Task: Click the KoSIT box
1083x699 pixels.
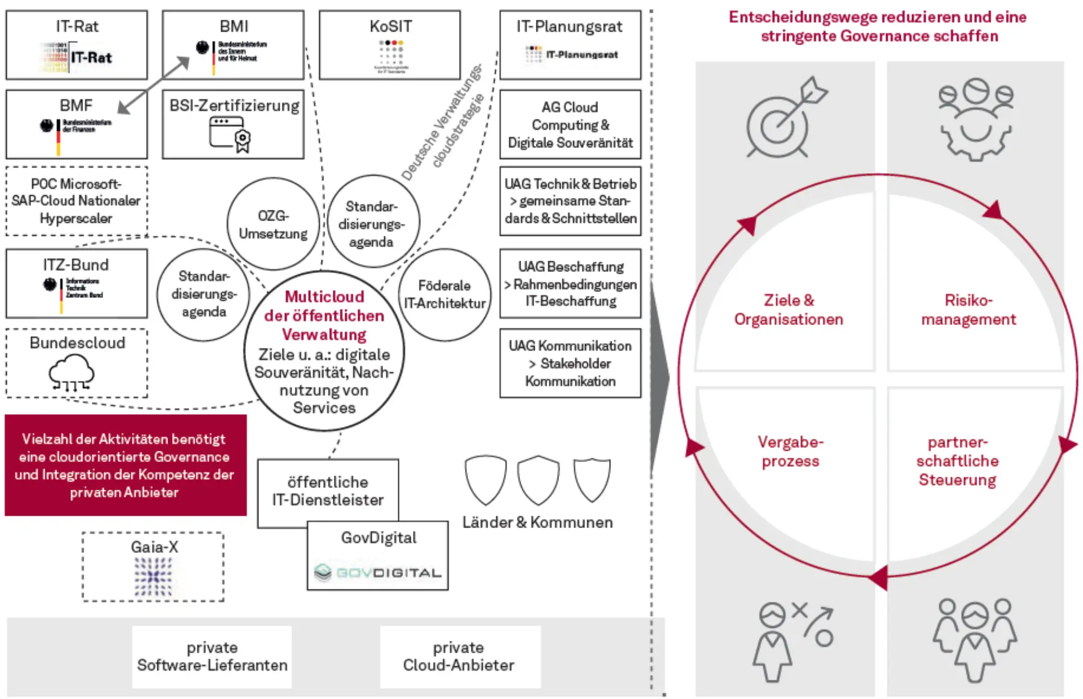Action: click(x=390, y=45)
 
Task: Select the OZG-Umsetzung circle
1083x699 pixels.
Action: click(x=273, y=225)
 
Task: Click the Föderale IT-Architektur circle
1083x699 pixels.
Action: click(x=444, y=294)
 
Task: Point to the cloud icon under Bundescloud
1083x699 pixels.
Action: click(x=72, y=372)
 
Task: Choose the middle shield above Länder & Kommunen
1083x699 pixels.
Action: click(x=538, y=480)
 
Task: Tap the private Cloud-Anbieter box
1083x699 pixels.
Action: click(x=459, y=656)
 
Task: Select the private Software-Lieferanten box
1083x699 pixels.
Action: click(x=212, y=656)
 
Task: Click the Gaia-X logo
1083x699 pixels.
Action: click(x=153, y=577)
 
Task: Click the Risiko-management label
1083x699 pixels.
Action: click(x=968, y=310)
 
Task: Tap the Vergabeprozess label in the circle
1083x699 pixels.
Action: click(x=790, y=451)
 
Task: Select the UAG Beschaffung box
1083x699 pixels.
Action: click(x=570, y=284)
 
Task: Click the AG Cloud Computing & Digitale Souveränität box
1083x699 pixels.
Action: click(x=570, y=125)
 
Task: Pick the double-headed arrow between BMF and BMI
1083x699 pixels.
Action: click(x=154, y=85)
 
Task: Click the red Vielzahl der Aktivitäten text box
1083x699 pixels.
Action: click(x=126, y=465)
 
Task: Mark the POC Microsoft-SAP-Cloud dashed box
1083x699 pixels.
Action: click(x=77, y=201)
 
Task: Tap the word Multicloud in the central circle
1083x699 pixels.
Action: click(x=324, y=297)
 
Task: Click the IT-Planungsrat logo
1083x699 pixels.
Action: click(x=571, y=55)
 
